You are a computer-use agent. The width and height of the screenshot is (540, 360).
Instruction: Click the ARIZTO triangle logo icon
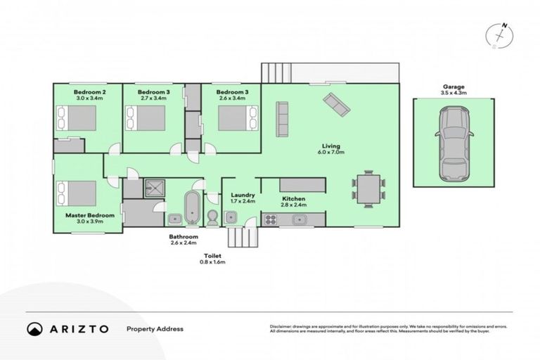coord(34,328)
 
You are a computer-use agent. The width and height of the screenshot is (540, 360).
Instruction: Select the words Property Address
coord(155,328)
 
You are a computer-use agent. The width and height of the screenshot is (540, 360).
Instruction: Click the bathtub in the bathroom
coord(191,208)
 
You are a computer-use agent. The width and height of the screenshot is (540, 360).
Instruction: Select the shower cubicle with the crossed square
coord(153,187)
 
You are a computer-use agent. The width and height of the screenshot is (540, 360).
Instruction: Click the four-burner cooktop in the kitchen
coord(271,220)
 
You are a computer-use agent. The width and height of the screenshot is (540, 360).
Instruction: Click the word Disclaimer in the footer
coord(283,326)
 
